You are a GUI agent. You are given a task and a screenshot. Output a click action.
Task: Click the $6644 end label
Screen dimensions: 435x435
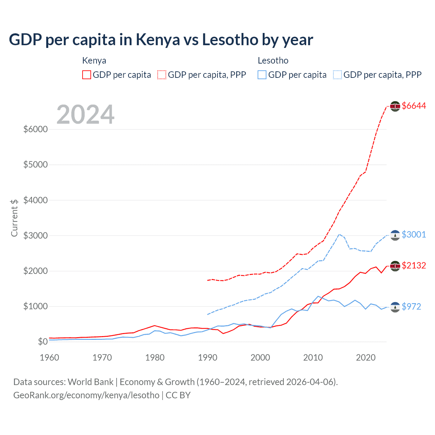coord(414,106)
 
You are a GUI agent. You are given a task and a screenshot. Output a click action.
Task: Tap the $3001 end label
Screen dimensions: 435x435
coord(414,234)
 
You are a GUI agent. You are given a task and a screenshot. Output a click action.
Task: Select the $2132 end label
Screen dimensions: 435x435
coord(414,265)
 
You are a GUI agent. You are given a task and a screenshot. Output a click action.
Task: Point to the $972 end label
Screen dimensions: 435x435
coord(411,307)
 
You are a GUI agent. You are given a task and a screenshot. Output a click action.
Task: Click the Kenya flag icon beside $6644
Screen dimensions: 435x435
coord(395,106)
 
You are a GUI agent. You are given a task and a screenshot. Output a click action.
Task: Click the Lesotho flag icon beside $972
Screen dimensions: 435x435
coord(395,307)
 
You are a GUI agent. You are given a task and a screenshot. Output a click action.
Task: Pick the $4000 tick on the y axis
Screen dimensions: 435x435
coord(35,200)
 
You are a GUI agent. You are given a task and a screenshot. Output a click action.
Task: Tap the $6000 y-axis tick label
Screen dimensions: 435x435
coord(35,129)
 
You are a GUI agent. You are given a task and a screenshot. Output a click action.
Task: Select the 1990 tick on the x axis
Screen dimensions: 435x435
coord(208,358)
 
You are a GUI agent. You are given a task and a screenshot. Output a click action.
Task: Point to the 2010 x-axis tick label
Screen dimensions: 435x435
coord(313,358)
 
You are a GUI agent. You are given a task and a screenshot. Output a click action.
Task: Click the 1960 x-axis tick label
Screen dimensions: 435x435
coord(50,358)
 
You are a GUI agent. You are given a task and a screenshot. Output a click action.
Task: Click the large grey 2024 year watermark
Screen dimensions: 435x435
coord(85,115)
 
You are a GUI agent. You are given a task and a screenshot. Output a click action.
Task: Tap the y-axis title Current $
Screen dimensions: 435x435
coord(14,218)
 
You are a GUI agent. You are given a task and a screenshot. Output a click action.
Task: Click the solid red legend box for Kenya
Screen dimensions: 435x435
coord(87,75)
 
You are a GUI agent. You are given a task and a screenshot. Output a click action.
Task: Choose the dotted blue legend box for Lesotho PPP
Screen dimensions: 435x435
coord(337,75)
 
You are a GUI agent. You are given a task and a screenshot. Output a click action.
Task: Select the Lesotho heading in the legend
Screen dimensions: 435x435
coord(273,60)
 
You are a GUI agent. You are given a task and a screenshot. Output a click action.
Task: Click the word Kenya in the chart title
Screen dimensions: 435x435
coord(158,40)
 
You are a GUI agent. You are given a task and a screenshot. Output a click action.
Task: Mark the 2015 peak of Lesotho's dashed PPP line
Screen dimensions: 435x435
coord(339,234)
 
